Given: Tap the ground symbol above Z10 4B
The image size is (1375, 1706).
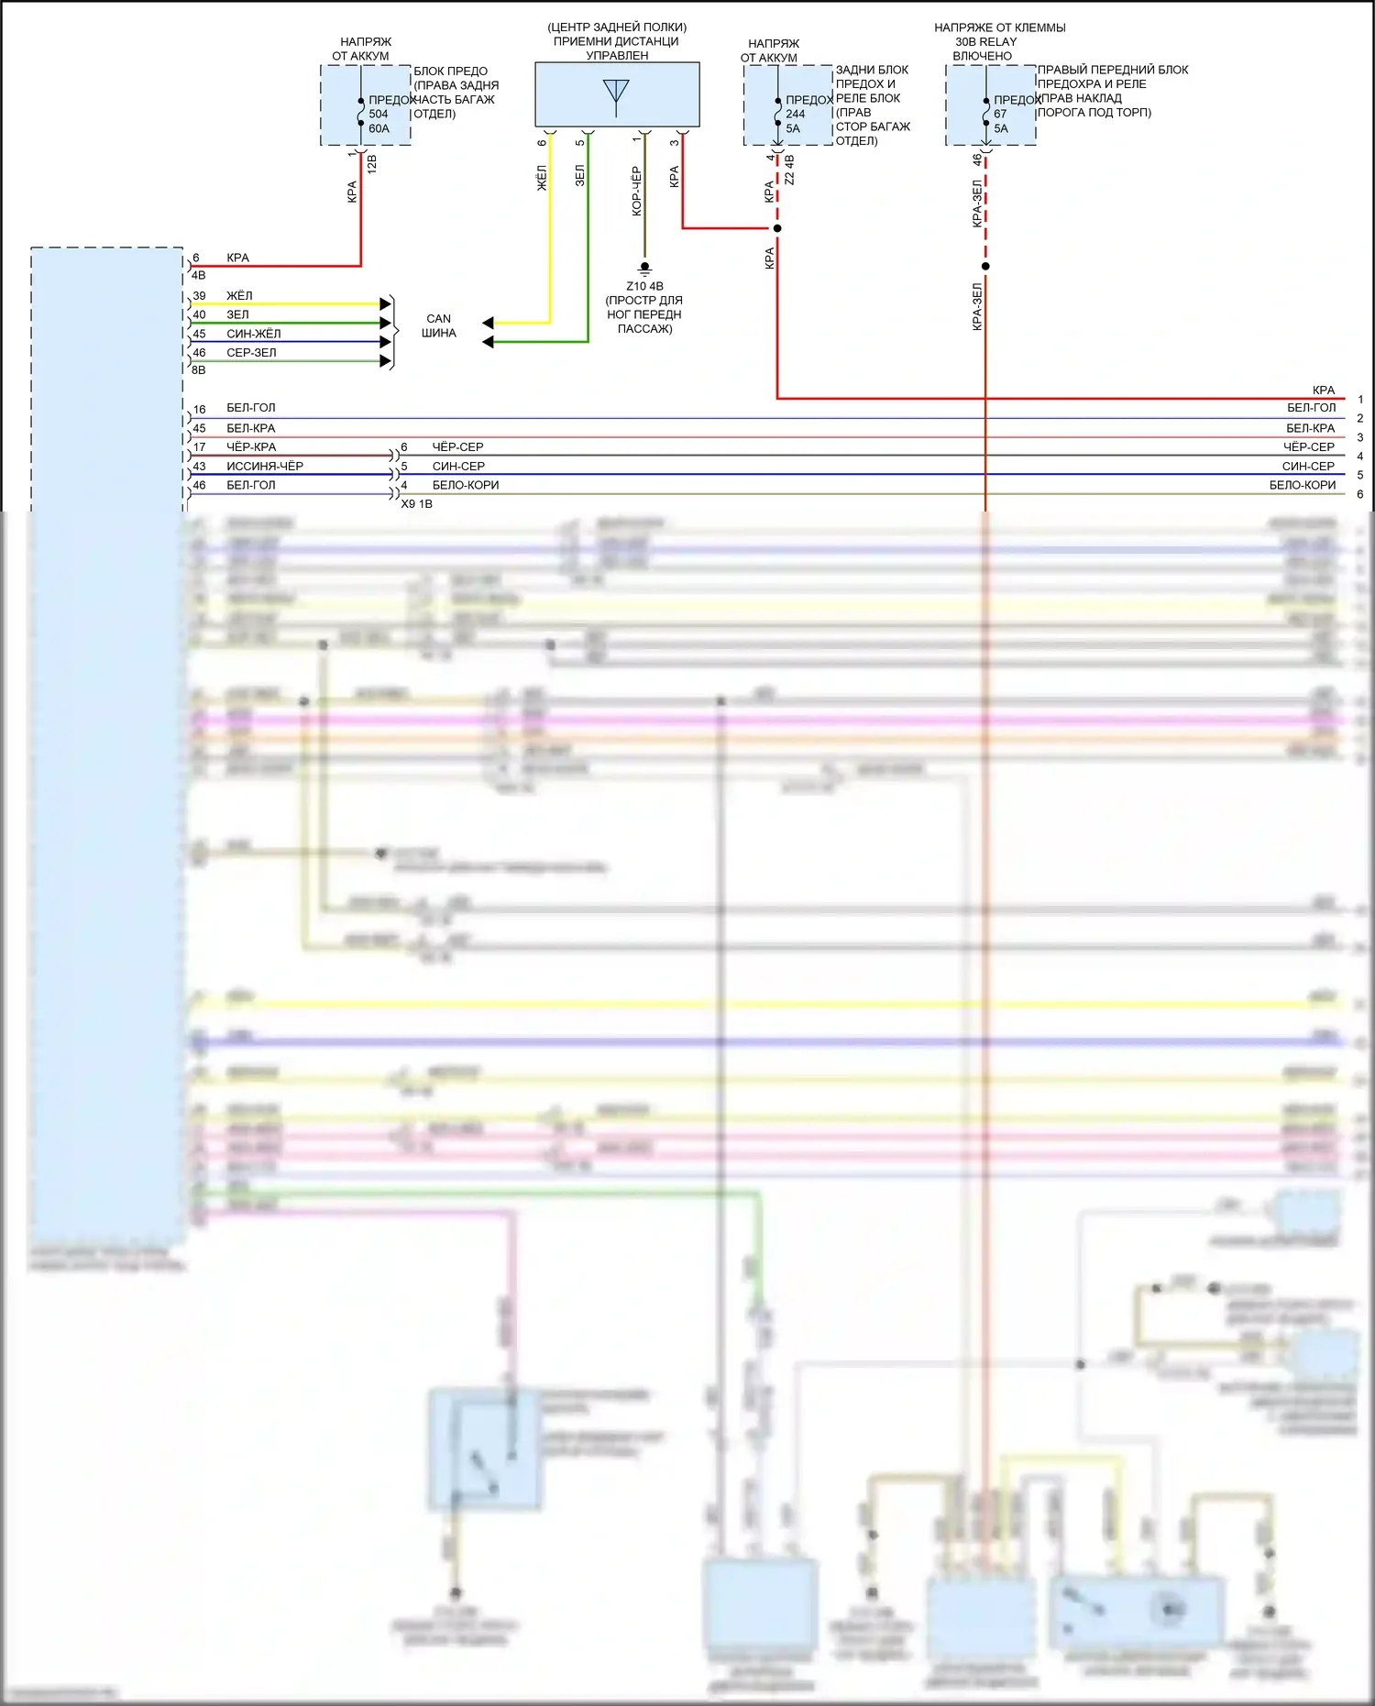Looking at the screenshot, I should click(x=644, y=268).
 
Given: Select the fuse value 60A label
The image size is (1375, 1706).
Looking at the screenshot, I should click(x=379, y=128).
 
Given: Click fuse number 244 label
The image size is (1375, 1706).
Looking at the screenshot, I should click(x=795, y=114).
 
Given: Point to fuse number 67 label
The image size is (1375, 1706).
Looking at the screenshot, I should click(x=1000, y=114).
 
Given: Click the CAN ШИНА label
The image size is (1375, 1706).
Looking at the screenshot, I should click(x=438, y=325).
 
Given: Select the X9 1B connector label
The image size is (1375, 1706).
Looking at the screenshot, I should click(x=416, y=503).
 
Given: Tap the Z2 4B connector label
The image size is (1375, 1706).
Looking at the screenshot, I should click(x=789, y=170).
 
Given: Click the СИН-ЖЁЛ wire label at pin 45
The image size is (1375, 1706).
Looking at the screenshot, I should click(x=254, y=334).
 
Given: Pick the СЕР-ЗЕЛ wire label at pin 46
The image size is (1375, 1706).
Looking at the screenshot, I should click(x=251, y=353).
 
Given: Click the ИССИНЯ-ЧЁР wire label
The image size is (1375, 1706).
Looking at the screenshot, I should click(x=265, y=466).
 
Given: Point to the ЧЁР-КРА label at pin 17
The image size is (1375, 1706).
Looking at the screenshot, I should click(x=251, y=446).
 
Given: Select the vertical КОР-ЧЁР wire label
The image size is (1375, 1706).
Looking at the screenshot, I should click(x=636, y=191).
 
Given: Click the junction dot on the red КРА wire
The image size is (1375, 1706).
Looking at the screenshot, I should click(x=777, y=228).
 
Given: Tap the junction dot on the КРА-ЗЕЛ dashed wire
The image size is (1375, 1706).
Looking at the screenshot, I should click(x=985, y=267).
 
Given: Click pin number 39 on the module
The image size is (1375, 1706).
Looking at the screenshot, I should click(x=199, y=296).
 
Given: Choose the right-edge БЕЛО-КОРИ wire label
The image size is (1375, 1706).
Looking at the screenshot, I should click(x=1302, y=485).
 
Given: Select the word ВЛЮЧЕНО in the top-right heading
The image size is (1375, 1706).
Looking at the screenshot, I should click(x=982, y=56).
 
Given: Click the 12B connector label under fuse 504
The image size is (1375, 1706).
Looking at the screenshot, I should click(x=371, y=164).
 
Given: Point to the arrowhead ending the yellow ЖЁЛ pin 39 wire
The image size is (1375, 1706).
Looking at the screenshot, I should click(x=386, y=303).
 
